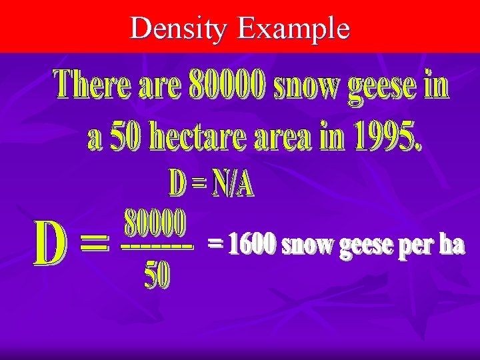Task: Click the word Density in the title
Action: (x=179, y=29)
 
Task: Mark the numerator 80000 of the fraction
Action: (x=155, y=225)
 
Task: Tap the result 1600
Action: (x=251, y=245)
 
